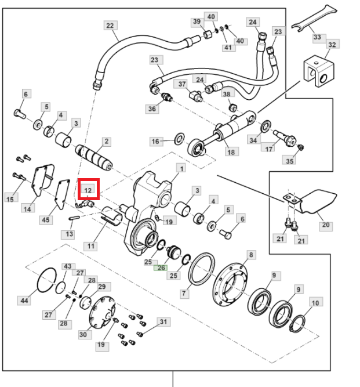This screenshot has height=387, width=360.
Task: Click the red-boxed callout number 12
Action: tap(88, 190)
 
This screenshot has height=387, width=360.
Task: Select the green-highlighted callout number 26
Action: tap(161, 268)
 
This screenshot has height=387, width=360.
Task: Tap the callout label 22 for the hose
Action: tap(110, 26)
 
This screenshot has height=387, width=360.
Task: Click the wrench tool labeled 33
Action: tap(314, 17)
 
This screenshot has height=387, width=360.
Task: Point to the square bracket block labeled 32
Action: tap(319, 71)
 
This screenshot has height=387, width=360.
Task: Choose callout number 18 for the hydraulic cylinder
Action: tap(231, 152)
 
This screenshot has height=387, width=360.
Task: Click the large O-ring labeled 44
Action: tap(46, 280)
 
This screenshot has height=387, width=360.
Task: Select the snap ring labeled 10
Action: tap(297, 324)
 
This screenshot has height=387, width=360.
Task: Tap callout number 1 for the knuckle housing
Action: tap(181, 169)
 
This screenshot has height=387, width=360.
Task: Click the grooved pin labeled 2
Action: tap(94, 157)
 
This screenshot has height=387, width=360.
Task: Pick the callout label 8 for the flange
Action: tap(251, 255)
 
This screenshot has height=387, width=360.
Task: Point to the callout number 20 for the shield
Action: tap(325, 225)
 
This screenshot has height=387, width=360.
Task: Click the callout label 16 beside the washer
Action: tap(155, 142)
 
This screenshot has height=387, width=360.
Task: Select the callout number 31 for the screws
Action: tap(163, 322)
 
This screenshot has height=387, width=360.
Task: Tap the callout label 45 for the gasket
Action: tap(46, 220)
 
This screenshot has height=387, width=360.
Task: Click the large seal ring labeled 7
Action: tap(201, 269)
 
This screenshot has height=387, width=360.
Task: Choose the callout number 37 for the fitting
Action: tap(182, 84)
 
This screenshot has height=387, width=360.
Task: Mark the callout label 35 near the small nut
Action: tap(289, 161)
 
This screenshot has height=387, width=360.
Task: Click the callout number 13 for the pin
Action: tap(70, 234)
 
